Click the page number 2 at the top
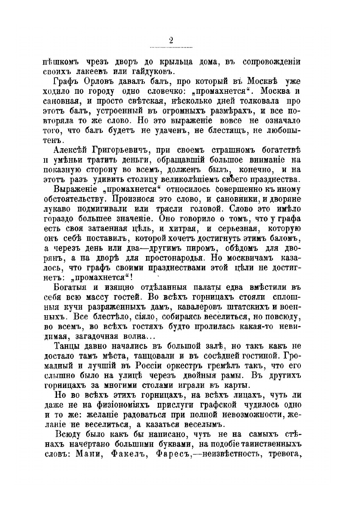pos(171,40)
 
